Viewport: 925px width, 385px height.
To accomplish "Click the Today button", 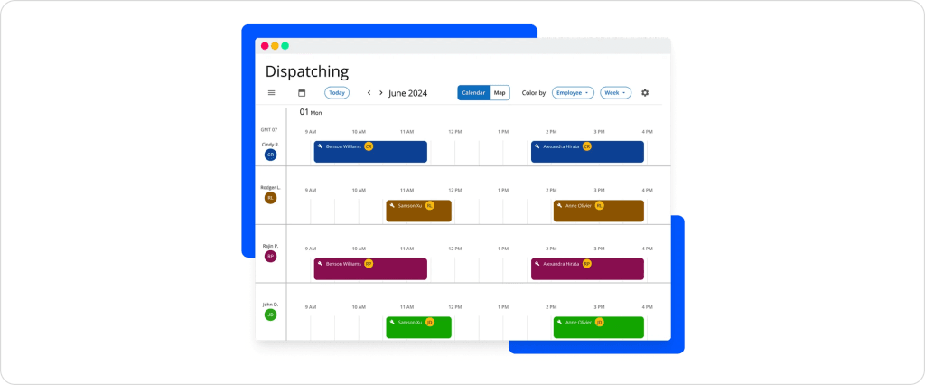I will point(337,93).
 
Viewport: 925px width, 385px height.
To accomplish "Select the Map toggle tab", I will point(500,93).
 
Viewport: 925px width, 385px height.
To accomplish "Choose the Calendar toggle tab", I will point(473,93).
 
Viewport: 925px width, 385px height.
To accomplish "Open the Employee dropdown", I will point(573,93).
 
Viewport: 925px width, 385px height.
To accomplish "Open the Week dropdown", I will point(614,93).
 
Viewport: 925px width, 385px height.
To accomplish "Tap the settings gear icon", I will point(645,93).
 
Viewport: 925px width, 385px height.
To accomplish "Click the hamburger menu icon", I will point(271,93).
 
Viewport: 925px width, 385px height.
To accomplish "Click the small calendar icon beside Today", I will point(302,93).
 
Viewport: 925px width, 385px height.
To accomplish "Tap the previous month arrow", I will point(369,93).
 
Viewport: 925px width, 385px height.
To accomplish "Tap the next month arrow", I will point(380,93).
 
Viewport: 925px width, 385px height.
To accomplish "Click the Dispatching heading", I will point(306,71).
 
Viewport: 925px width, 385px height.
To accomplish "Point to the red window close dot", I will point(265,46).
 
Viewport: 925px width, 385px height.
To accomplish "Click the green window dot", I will point(285,46).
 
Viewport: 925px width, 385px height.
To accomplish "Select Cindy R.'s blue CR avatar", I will point(270,155).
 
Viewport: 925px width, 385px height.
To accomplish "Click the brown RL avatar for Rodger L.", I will point(270,198).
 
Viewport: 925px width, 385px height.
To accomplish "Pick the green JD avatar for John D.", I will point(270,315).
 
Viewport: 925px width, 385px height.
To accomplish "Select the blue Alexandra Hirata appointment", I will point(587,152).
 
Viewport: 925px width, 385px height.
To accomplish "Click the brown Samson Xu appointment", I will point(418,211).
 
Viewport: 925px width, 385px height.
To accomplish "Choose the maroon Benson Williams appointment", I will point(370,269).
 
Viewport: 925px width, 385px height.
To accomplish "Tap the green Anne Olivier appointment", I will point(598,327).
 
